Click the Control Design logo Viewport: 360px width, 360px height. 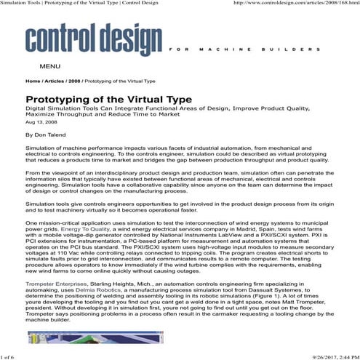94,41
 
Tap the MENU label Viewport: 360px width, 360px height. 49,66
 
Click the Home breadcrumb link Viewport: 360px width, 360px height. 33,81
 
